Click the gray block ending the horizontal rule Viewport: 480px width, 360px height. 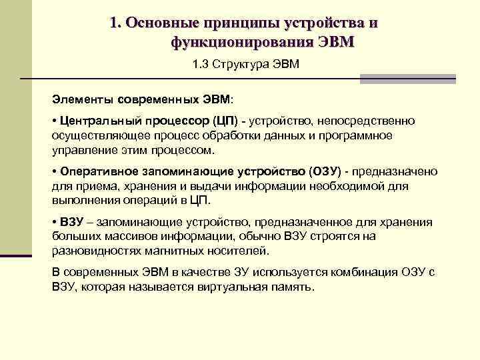tap(407, 79)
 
